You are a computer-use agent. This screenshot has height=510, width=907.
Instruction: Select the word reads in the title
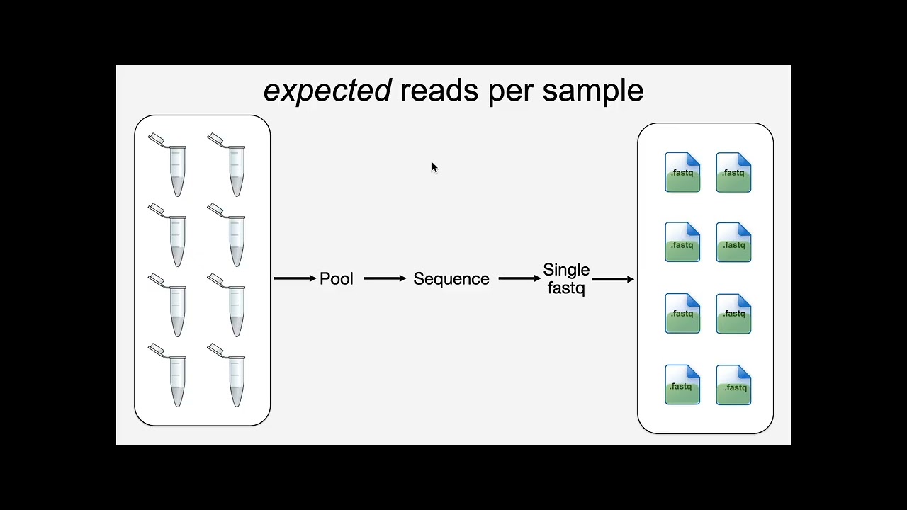point(439,90)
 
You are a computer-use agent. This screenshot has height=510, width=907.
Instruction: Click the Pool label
point(337,278)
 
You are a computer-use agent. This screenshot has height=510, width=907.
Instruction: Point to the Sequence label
point(451,279)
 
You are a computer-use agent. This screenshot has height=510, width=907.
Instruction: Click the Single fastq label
point(566,279)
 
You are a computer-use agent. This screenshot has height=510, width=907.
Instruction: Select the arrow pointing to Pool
point(295,278)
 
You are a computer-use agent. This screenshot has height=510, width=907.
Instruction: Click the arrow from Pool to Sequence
point(385,278)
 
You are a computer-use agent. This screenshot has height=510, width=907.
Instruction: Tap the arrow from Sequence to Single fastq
point(519,278)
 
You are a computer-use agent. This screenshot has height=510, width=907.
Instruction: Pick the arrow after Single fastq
point(613,279)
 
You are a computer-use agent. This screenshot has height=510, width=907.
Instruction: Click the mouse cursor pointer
point(434,167)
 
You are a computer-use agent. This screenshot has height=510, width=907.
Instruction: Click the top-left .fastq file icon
point(682,172)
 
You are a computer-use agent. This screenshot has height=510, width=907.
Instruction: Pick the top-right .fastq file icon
point(733,172)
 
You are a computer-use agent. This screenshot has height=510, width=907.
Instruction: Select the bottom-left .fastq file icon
point(682,385)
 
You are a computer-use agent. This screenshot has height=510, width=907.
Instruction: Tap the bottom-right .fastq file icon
point(733,385)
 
